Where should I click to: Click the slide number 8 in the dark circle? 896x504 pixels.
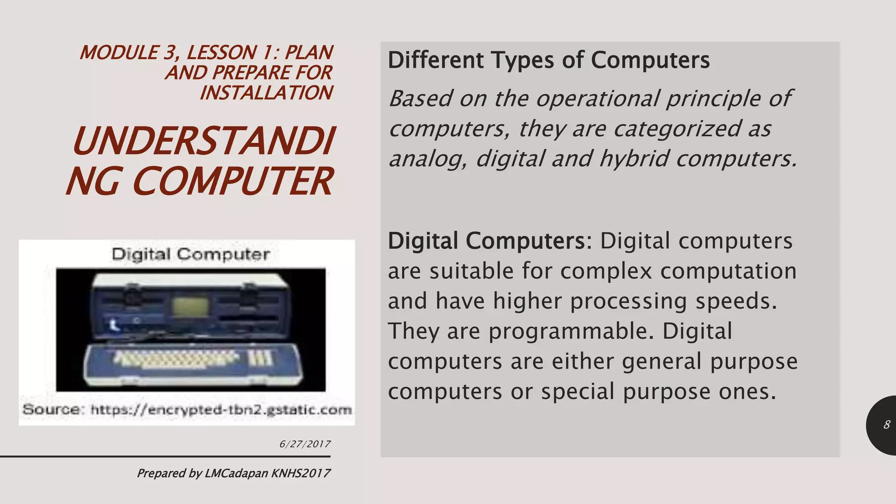click(x=887, y=425)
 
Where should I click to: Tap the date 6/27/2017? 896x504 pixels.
click(x=305, y=444)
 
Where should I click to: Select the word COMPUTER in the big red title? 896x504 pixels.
click(x=232, y=181)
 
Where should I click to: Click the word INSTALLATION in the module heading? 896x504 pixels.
click(x=266, y=93)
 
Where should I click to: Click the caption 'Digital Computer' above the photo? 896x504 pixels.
click(x=191, y=254)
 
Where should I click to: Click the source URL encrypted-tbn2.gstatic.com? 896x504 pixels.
click(x=221, y=410)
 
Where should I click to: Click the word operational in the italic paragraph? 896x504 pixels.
click(x=597, y=98)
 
